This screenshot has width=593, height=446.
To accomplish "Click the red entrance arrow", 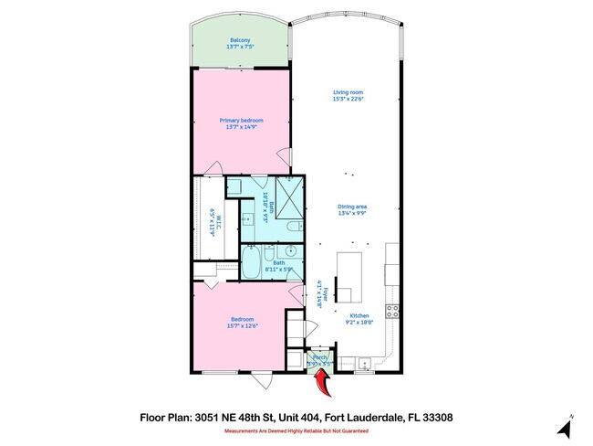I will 317,368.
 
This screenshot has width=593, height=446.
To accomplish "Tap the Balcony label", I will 241,41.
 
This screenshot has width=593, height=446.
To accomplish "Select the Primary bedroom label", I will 241,121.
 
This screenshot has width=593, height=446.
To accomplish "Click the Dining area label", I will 351,207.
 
